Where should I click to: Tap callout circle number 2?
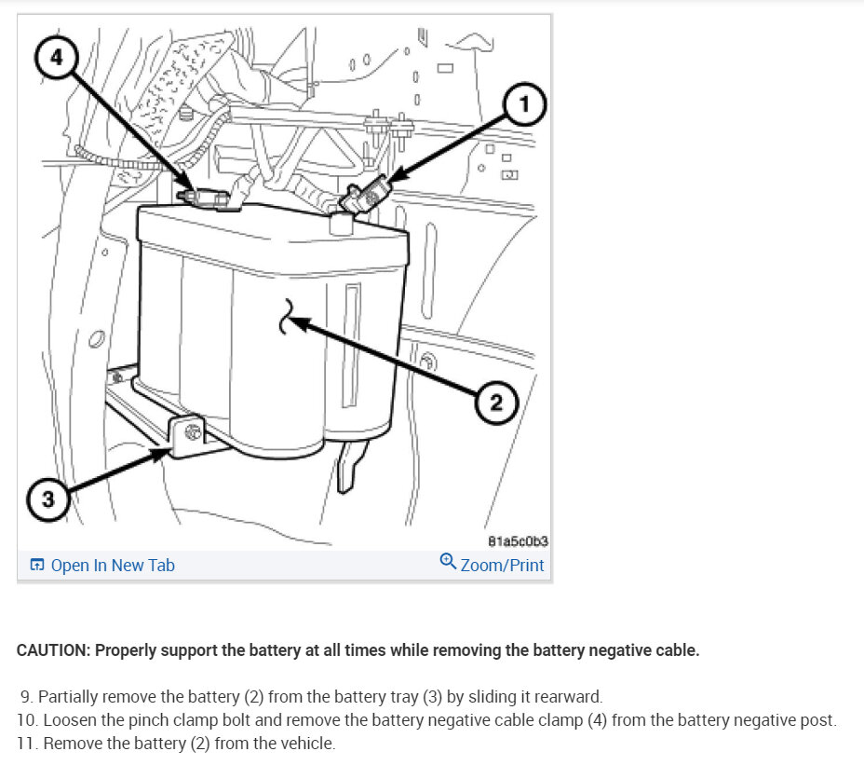[495, 403]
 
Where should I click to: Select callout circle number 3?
[48, 500]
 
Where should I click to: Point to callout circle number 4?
[57, 57]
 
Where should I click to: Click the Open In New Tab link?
[113, 566]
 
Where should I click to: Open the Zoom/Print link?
[502, 566]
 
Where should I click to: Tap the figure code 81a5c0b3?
[518, 541]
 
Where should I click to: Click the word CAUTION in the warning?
[51, 650]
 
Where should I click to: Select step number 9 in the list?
[25, 696]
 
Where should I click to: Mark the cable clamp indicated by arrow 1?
[367, 197]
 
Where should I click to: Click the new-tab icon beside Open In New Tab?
[37, 566]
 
